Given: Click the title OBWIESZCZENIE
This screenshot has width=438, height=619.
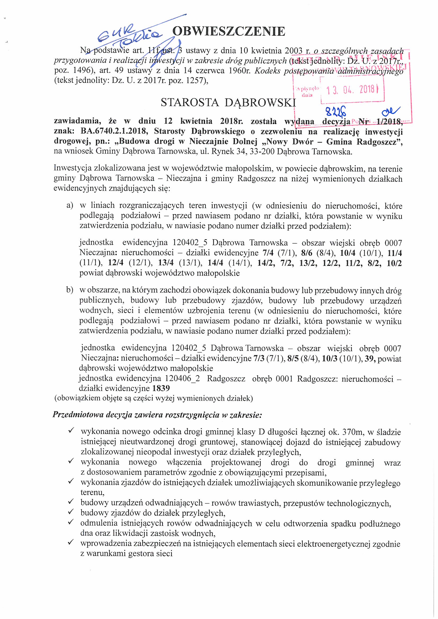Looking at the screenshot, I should click(x=229, y=32).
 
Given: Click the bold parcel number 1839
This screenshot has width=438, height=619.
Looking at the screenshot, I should click(x=161, y=388).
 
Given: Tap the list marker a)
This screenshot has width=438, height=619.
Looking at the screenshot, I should click(x=70, y=205).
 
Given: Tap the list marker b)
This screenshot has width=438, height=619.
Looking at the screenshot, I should click(x=70, y=290).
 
